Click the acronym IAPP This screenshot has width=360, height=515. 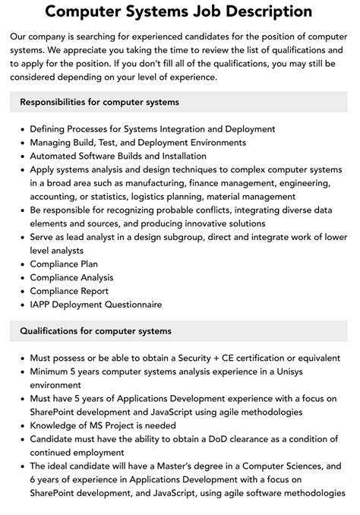[x=43, y=305]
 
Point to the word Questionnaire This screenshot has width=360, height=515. [x=129, y=305]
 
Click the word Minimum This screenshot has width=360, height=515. [x=52, y=371]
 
